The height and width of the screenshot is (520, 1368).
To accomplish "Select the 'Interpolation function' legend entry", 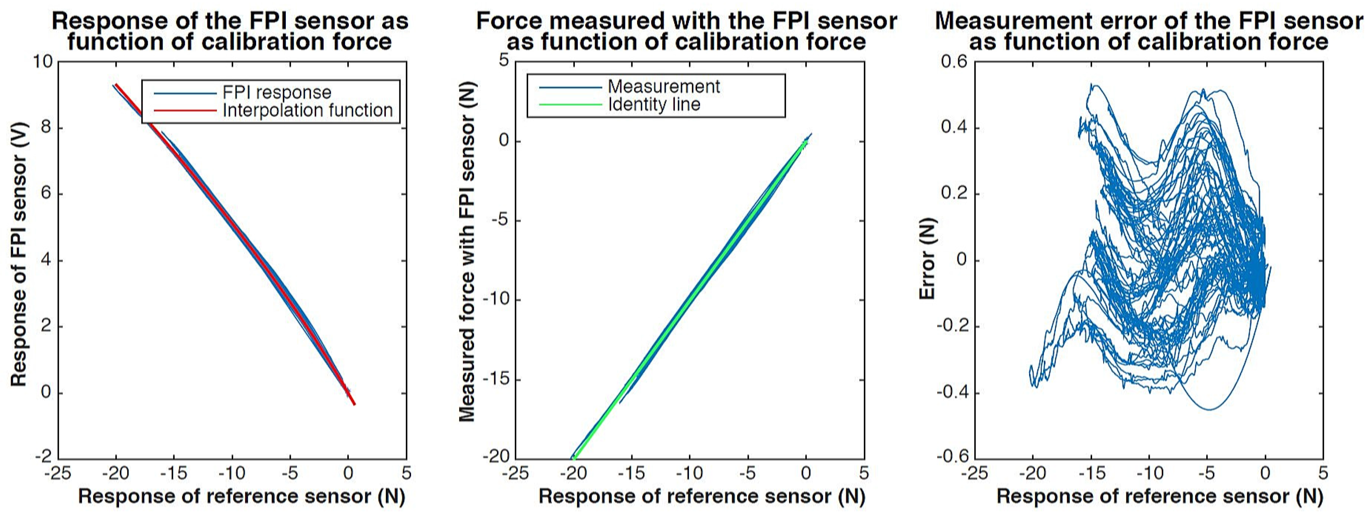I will click(307, 110).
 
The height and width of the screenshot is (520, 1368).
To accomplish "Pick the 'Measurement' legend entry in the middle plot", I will click(663, 86).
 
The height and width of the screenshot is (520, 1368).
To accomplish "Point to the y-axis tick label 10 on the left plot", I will click(42, 62).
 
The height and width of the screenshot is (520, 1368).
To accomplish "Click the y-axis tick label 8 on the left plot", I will click(46, 128).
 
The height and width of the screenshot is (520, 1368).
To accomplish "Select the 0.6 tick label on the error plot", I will click(954, 62).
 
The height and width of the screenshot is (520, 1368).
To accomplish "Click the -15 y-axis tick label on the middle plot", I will click(495, 380).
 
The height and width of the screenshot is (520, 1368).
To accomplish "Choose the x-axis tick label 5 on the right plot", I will click(1323, 473).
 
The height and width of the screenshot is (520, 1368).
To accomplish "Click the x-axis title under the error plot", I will click(1160, 496).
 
